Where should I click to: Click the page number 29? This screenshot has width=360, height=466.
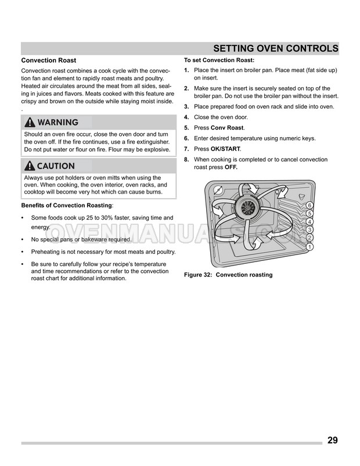[x=332, y=440]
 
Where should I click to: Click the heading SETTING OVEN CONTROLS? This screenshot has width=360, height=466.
[x=276, y=48]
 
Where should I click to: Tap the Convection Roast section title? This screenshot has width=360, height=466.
[x=49, y=60]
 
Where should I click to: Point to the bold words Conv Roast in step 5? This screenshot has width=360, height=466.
[x=227, y=128]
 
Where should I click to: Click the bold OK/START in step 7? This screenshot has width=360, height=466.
[x=225, y=149]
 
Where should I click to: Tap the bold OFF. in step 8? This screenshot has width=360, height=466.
[x=231, y=167]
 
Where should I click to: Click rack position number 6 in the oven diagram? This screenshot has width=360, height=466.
[x=310, y=206]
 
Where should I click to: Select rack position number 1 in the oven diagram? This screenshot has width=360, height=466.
[x=310, y=246]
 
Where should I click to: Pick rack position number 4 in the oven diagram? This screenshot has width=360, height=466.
[x=310, y=222]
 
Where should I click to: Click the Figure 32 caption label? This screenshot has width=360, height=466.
[x=228, y=275]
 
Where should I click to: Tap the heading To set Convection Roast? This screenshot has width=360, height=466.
[x=219, y=60]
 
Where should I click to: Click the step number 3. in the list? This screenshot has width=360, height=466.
[x=186, y=107]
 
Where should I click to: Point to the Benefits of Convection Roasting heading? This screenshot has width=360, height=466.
[x=66, y=206]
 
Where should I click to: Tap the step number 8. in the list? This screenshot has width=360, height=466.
[x=186, y=160]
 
